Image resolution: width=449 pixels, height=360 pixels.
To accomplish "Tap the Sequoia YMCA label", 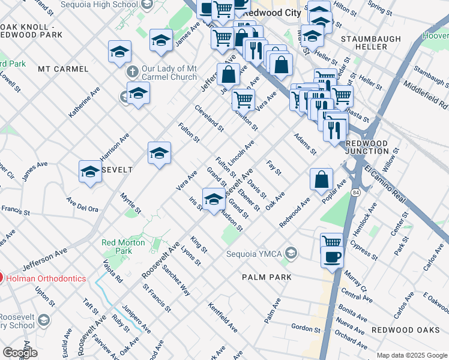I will pos(254,253).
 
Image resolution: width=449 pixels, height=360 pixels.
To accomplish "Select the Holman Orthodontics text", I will pos(46,278).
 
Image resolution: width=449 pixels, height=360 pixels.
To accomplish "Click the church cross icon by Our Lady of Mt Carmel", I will pos(131,71).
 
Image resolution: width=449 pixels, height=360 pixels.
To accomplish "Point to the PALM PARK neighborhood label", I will pos(267,277).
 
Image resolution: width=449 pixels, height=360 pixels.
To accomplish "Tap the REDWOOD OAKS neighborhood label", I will pos(402,330).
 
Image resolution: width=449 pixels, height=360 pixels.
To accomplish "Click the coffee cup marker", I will pos(332,258).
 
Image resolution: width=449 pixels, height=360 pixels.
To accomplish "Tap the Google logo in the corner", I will pos(20,353).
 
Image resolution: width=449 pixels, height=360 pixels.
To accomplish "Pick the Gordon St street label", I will pos(306,328).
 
